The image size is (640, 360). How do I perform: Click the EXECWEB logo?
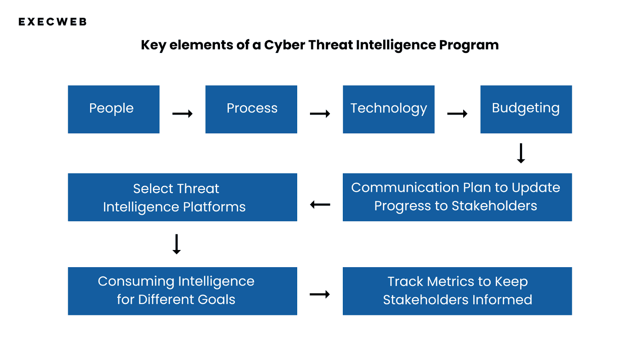click(x=52, y=22)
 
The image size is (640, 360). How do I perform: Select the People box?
click(x=114, y=109)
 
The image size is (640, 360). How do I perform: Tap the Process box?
click(x=251, y=109)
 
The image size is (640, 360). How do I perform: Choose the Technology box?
click(x=388, y=109)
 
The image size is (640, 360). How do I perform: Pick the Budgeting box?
click(x=526, y=109)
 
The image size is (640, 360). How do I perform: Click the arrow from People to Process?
click(x=182, y=114)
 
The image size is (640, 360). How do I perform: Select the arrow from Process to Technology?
click(x=320, y=114)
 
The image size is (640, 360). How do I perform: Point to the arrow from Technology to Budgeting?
click(x=457, y=114)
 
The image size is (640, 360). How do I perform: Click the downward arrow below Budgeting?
click(x=521, y=153)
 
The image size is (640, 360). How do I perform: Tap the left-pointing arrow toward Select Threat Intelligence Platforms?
click(x=320, y=204)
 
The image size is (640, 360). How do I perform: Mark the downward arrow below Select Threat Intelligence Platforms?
click(x=176, y=244)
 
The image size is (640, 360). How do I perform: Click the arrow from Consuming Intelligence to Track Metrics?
click(x=320, y=294)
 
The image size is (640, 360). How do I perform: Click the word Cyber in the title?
click(x=284, y=46)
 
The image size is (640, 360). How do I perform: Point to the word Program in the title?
click(x=469, y=46)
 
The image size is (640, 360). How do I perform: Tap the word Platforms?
click(x=214, y=207)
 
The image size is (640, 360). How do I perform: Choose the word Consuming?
click(x=136, y=282)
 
